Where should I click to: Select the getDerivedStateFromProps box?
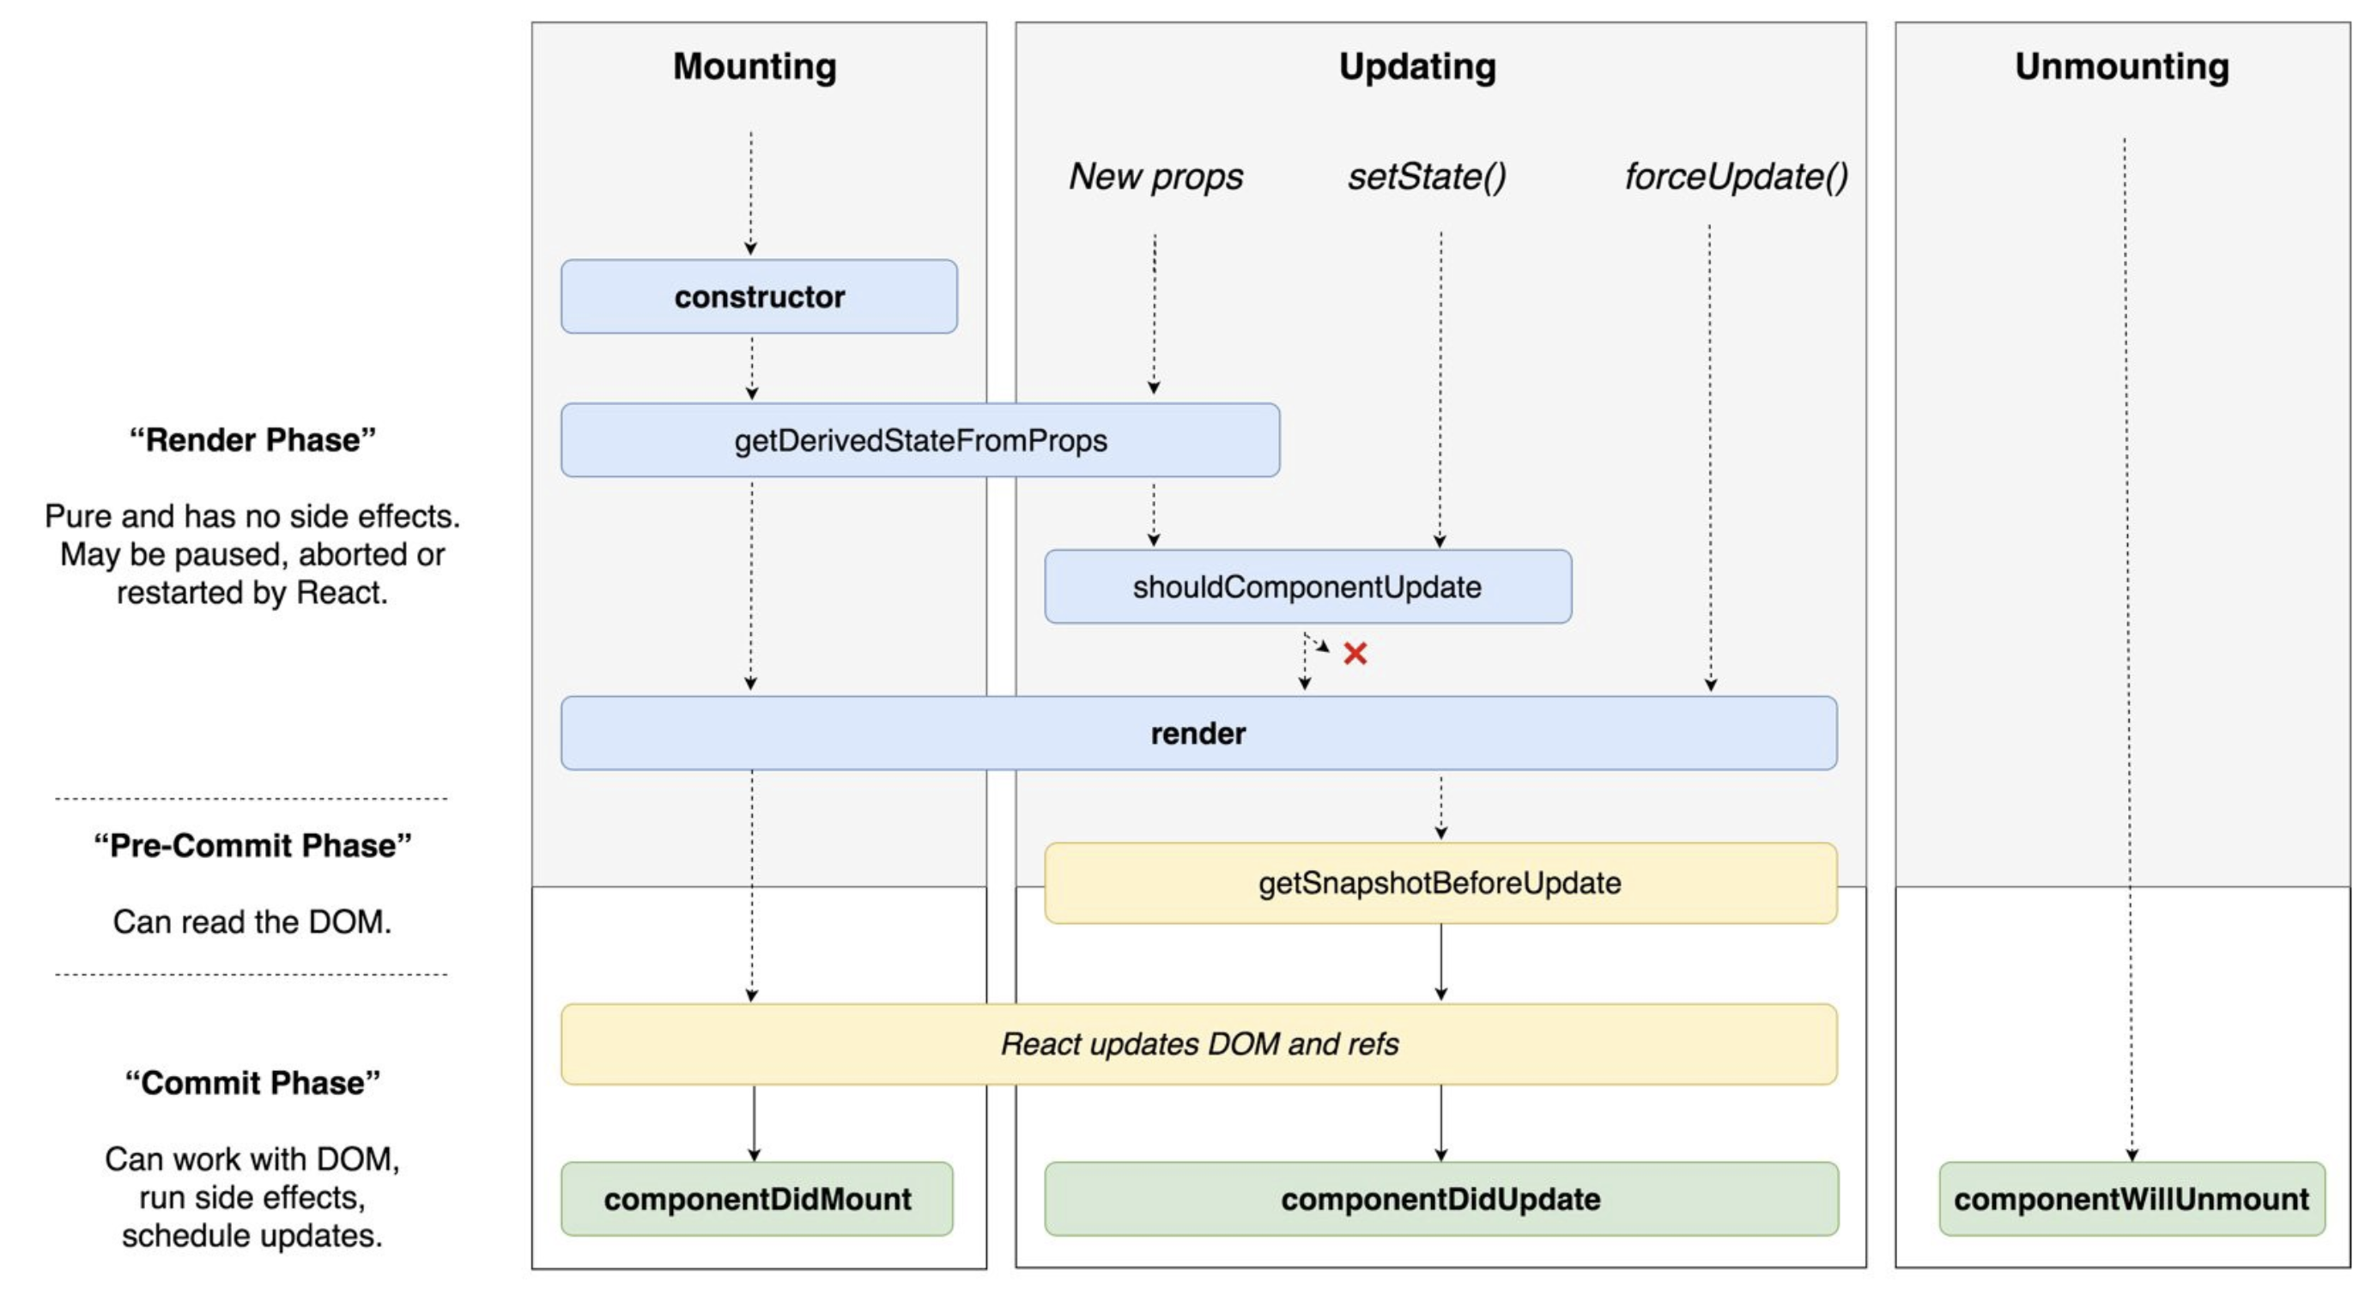tap(919, 440)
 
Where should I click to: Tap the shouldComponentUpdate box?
tap(1307, 586)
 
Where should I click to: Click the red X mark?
tap(1355, 654)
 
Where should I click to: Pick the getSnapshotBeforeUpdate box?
tap(1440, 883)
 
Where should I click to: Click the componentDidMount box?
tap(756, 1198)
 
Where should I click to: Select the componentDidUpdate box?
tap(1440, 1198)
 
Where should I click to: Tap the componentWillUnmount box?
tap(2131, 1198)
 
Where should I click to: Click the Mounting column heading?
tap(755, 66)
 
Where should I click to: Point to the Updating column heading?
tap(1417, 66)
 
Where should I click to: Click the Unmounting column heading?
tap(2121, 66)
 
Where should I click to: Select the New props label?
tap(1155, 176)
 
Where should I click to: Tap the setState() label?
tap(1427, 176)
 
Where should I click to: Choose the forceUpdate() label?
tap(1736, 176)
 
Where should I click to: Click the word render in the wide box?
tap(1198, 734)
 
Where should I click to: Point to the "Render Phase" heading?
tap(252, 440)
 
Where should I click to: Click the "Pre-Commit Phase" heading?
tap(252, 845)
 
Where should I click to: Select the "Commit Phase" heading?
tap(252, 1082)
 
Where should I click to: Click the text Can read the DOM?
tap(252, 922)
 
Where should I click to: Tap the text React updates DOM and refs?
tap(1198, 1043)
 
